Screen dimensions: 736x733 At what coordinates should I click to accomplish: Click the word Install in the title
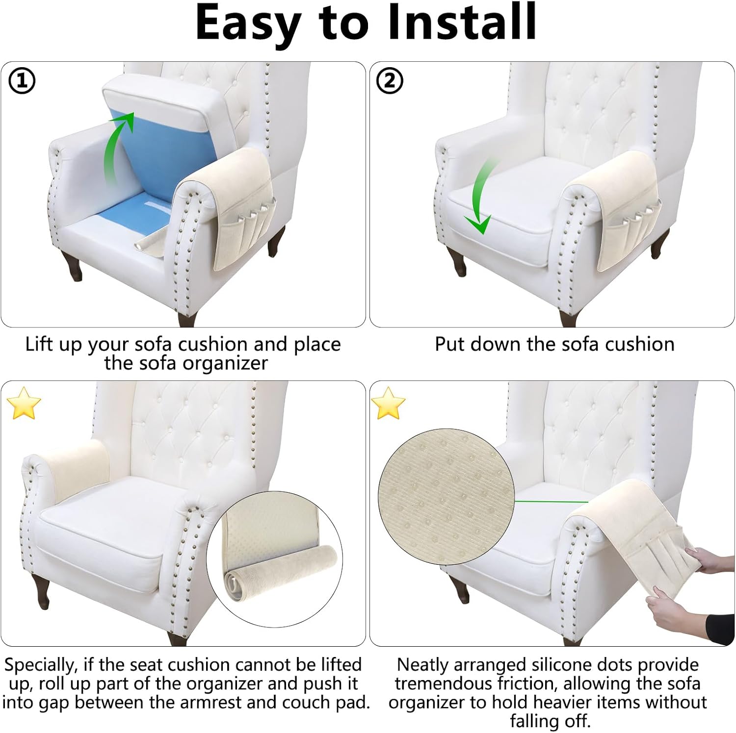point(463,23)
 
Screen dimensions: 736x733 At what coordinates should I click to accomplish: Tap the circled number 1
point(22,81)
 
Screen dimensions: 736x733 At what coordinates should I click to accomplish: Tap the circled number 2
point(390,81)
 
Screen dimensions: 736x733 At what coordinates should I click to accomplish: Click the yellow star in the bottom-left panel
point(23,403)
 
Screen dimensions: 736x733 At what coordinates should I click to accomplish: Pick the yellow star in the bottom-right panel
point(388,403)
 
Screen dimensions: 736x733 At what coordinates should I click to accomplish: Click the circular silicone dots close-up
point(446,500)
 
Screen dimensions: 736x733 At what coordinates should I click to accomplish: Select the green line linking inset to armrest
point(551,501)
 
